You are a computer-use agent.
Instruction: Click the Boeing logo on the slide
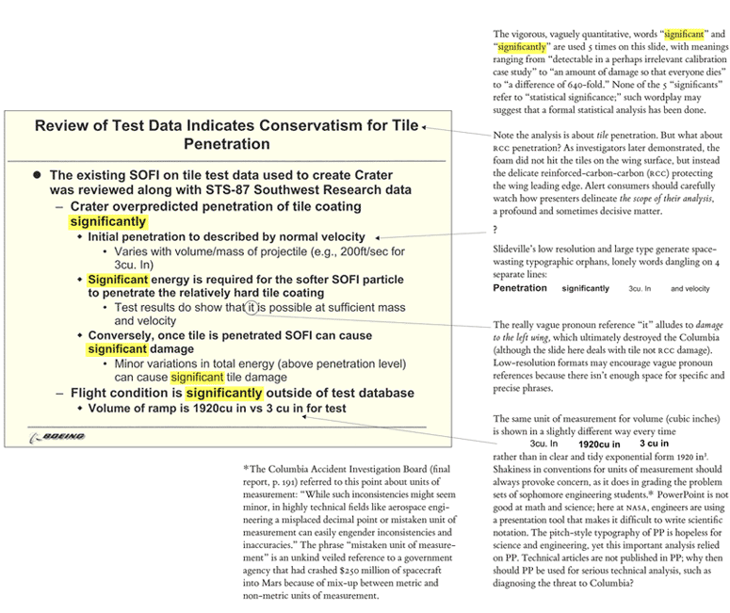57,436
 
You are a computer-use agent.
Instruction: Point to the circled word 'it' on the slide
250,307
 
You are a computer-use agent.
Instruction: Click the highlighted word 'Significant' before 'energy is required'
118,280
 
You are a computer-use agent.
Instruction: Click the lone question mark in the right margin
495,230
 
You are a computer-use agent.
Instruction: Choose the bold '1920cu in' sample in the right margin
599,444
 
